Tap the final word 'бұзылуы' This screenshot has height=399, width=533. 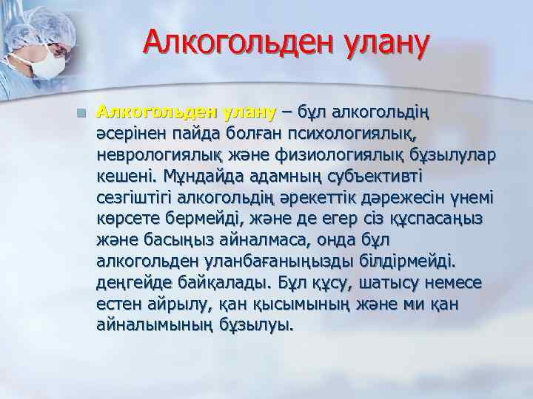point(258,325)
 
